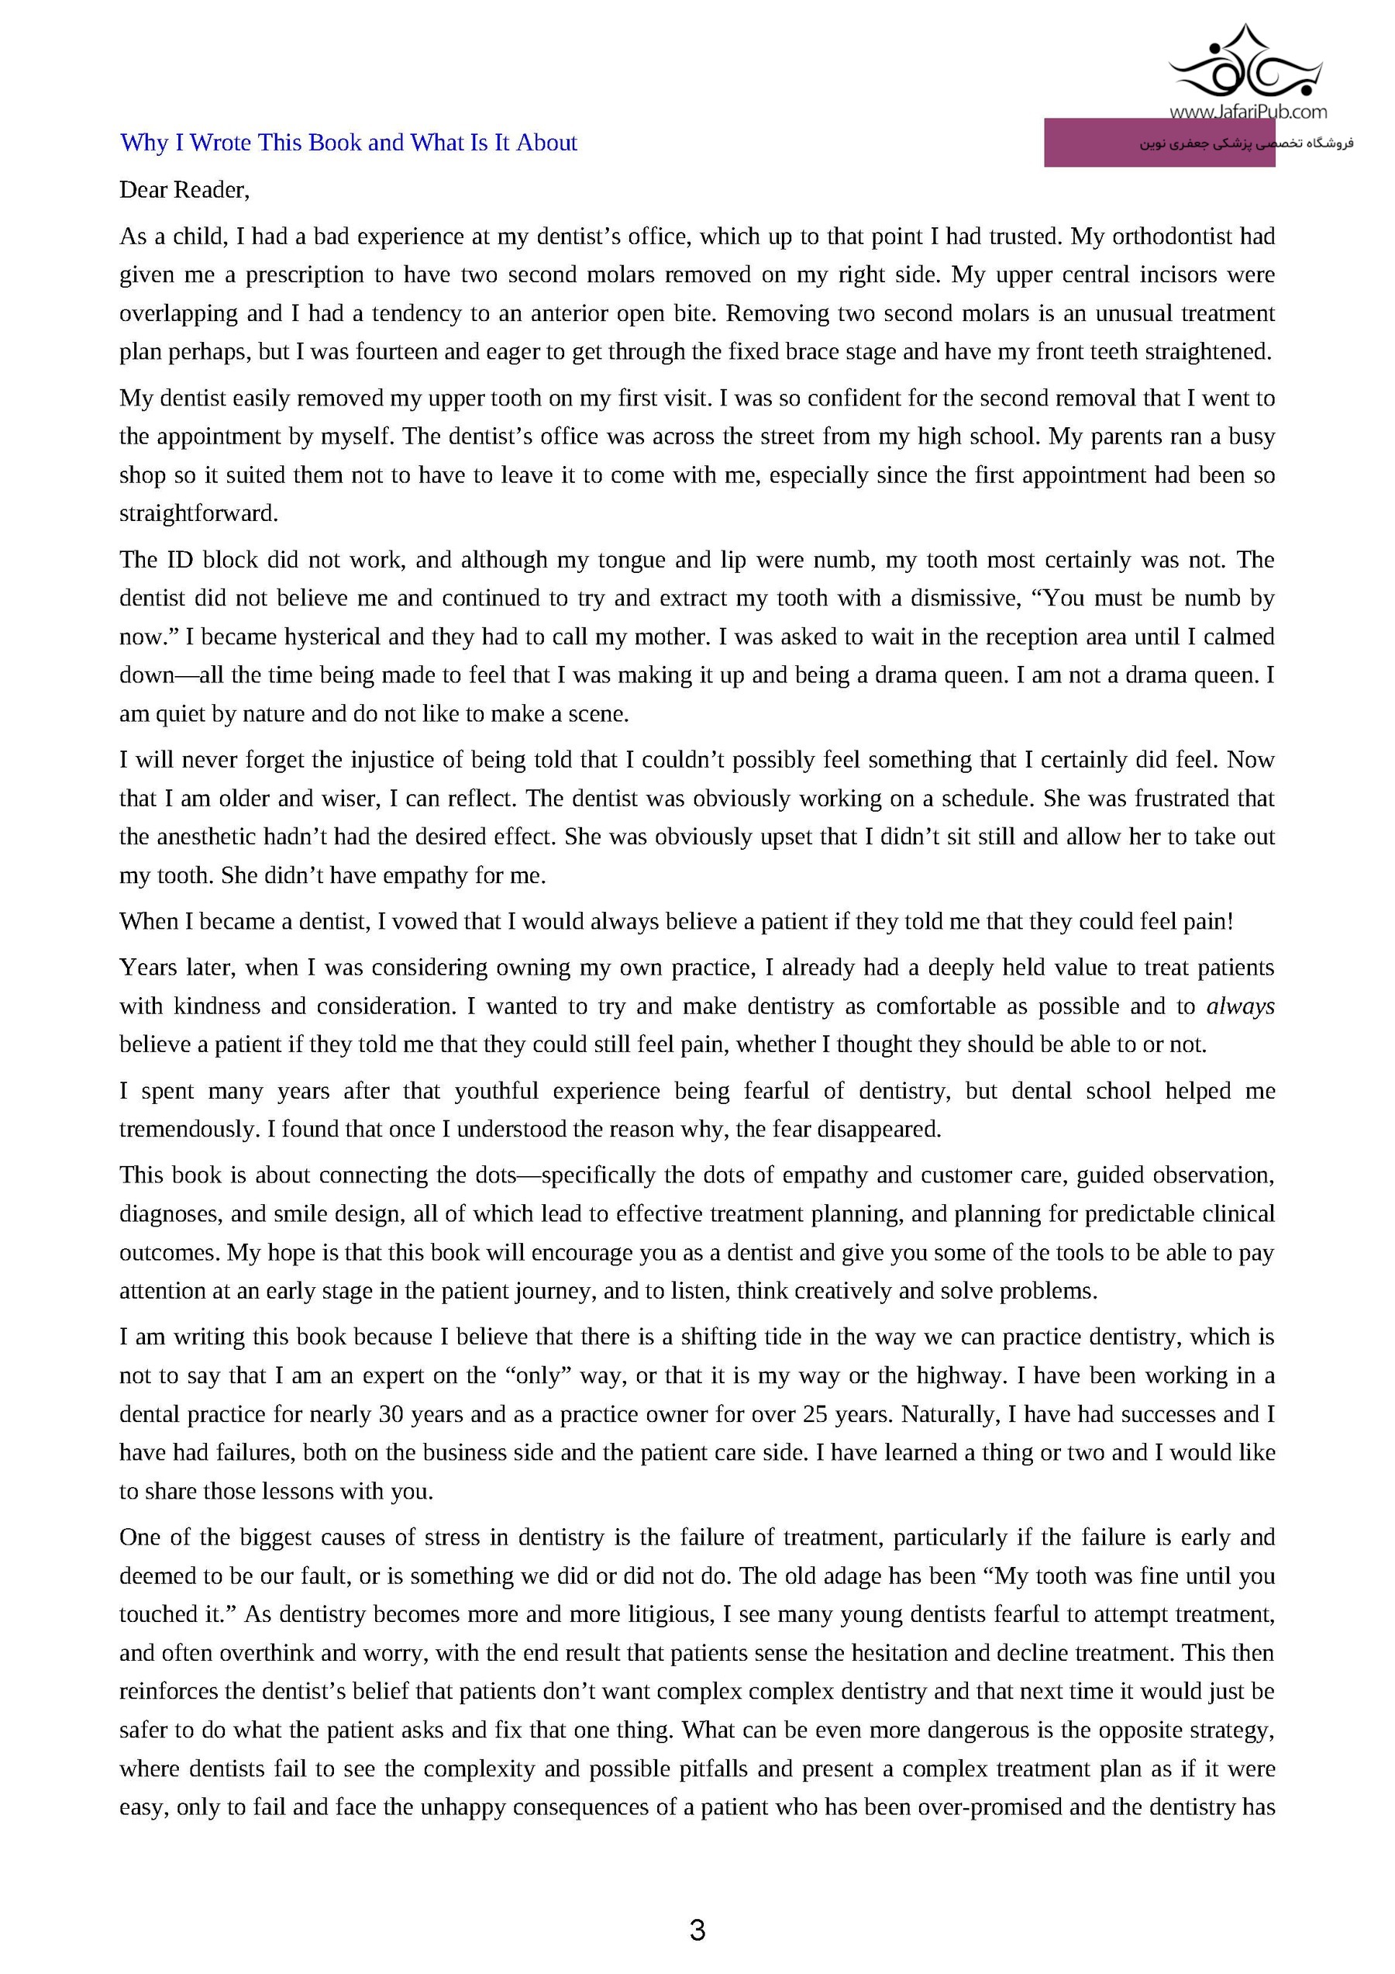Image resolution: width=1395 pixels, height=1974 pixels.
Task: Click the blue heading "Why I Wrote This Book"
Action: coord(348,143)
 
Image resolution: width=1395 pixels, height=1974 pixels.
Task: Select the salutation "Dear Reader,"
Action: coord(184,190)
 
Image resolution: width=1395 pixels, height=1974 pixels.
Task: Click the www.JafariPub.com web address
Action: coord(1247,111)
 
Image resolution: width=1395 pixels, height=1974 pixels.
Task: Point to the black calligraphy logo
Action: coord(1247,64)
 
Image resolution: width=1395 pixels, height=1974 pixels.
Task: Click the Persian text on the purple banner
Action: coord(1246,143)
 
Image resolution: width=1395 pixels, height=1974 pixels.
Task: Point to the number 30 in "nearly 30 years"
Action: coord(391,1414)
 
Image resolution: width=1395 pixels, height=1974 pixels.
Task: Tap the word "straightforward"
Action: coord(198,514)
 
